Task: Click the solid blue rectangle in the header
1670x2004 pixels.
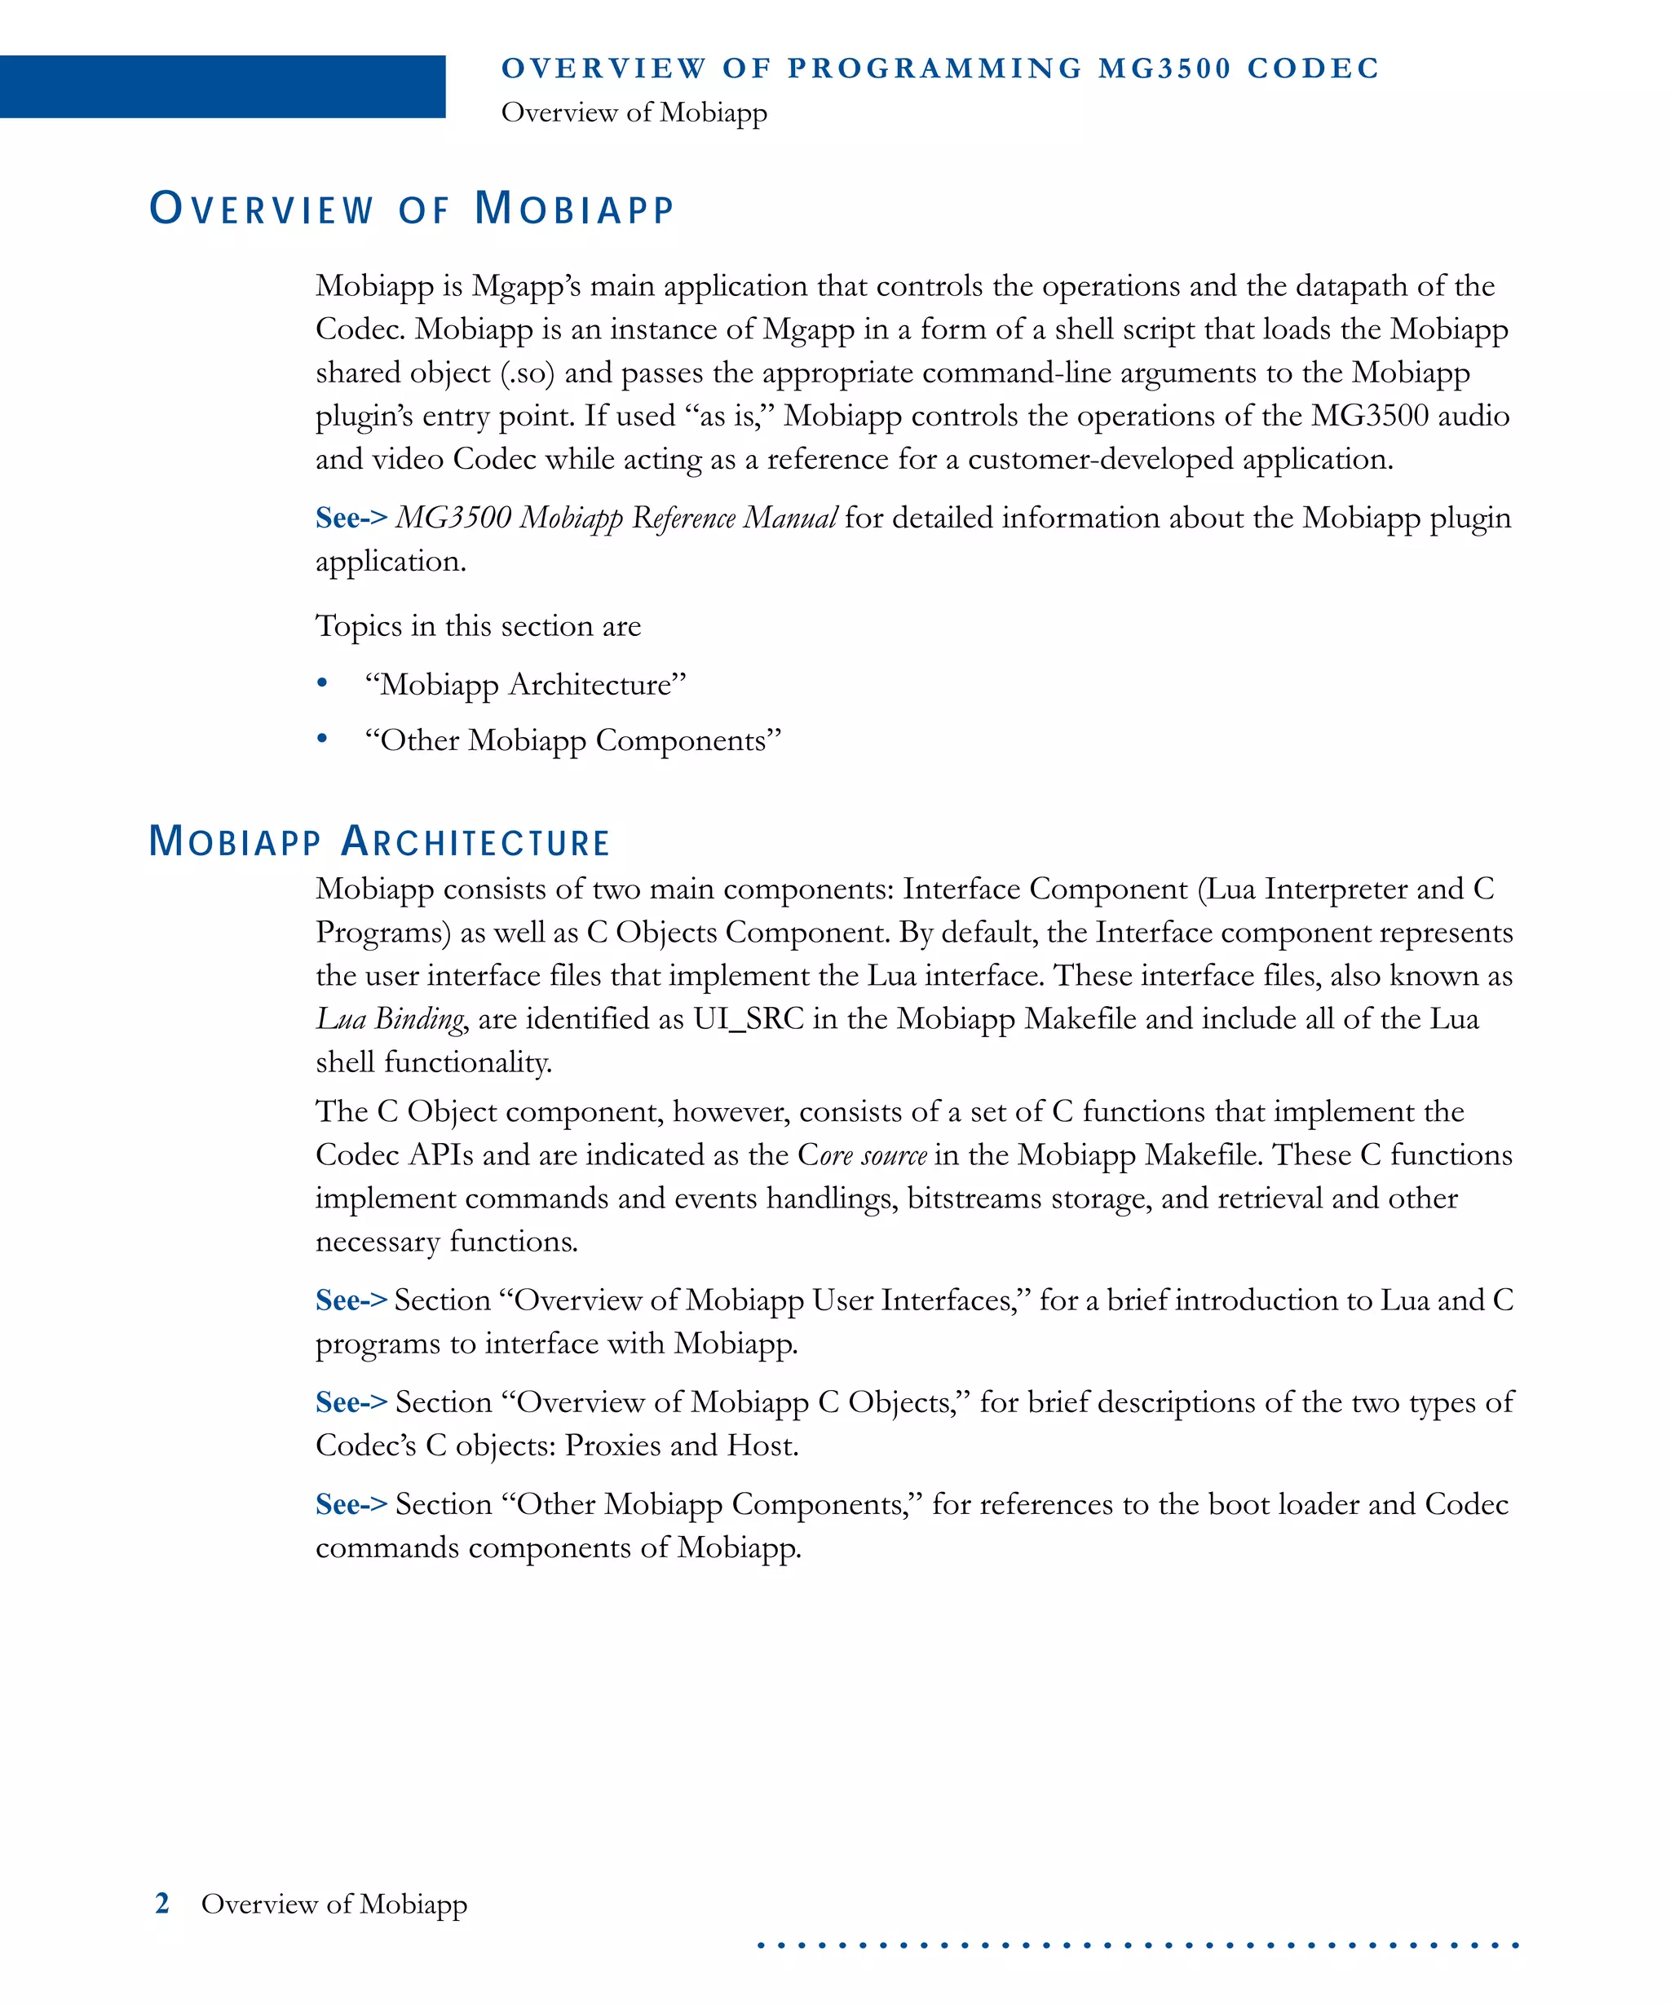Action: click(x=223, y=87)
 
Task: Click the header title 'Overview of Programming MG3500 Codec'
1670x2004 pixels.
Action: click(x=940, y=68)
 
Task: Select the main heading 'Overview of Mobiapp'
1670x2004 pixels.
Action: click(x=413, y=209)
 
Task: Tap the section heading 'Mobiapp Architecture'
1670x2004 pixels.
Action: click(x=379, y=841)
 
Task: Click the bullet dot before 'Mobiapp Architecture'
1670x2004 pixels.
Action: click(x=323, y=683)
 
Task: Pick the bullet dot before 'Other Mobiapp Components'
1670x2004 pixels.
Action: click(x=323, y=739)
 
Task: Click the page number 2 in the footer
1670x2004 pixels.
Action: click(x=162, y=1904)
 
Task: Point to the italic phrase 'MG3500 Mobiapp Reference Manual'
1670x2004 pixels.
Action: click(x=616, y=519)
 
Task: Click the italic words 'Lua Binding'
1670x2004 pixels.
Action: click(x=391, y=1019)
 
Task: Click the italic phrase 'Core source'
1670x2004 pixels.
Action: click(x=862, y=1155)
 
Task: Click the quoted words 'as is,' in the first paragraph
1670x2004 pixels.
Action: click(x=729, y=416)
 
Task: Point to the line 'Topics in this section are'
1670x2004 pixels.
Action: click(x=478, y=626)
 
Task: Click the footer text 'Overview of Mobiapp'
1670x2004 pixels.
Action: click(x=334, y=1904)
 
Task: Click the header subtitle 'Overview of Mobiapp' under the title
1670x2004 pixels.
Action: click(x=634, y=113)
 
